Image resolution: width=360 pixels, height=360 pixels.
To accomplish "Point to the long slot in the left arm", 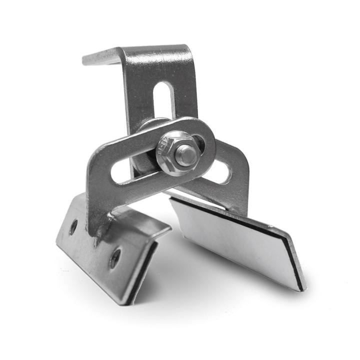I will pyautogui.click(x=131, y=170).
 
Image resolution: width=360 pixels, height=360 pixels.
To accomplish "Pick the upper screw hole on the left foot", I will pyautogui.click(x=73, y=226).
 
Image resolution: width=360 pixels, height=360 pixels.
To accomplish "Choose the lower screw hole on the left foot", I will pyautogui.click(x=115, y=257).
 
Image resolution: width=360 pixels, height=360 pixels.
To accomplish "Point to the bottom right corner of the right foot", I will pyautogui.click(x=301, y=289).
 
